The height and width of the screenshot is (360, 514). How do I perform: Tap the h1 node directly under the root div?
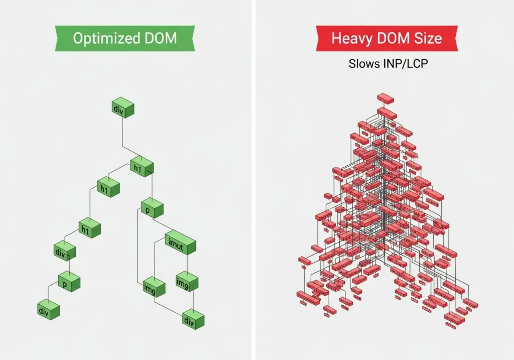pyautogui.click(x=141, y=167)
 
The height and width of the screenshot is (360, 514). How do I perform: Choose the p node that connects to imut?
pyautogui.click(x=152, y=207)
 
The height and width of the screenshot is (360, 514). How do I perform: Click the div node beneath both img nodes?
pyautogui.click(x=192, y=319)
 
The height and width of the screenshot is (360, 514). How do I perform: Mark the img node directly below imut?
pyautogui.click(x=186, y=283)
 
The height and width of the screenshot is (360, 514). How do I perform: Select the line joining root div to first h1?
pyautogui.click(x=123, y=136)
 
